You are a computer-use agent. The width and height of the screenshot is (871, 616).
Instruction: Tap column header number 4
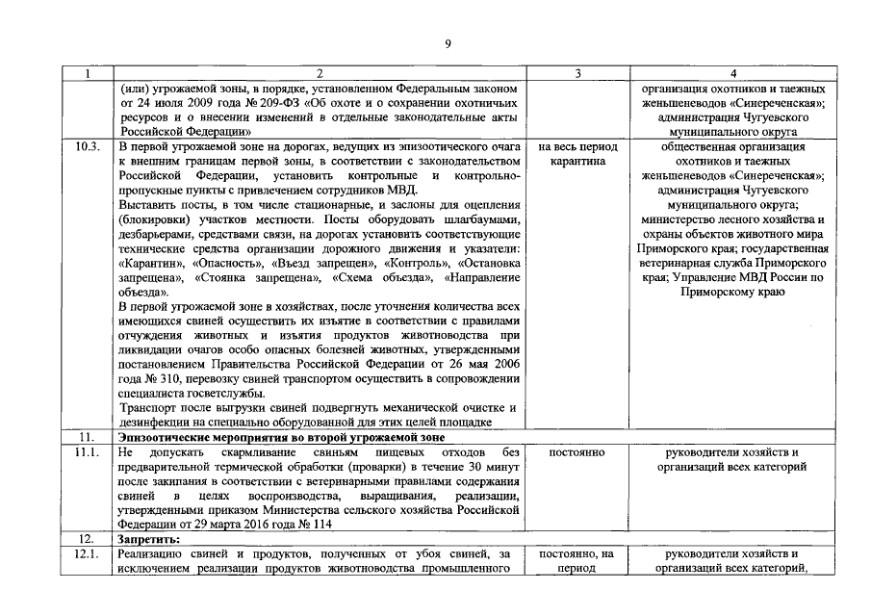point(733,73)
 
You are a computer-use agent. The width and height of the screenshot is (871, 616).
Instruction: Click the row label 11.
point(85,437)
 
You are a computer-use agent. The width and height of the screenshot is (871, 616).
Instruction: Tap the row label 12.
point(85,539)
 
